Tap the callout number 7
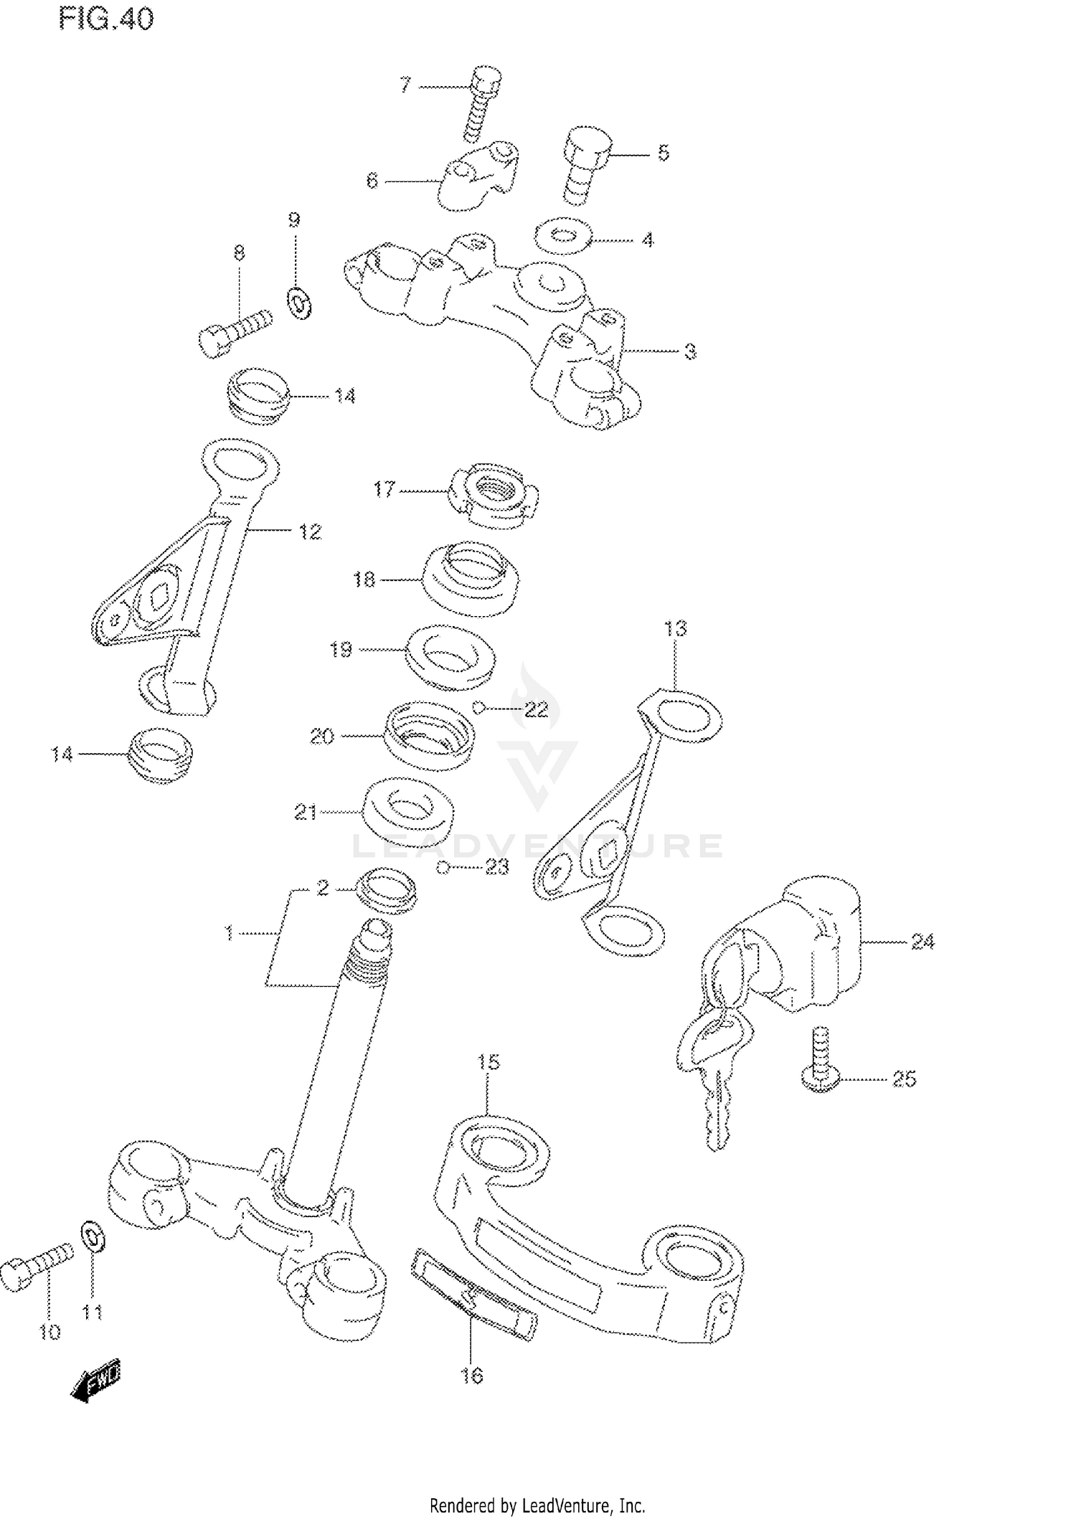point(406,86)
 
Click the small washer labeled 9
point(300,303)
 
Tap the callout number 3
point(689,351)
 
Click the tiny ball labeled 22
point(478,709)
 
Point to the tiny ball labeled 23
point(443,868)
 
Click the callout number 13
point(675,628)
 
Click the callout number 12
point(310,531)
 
